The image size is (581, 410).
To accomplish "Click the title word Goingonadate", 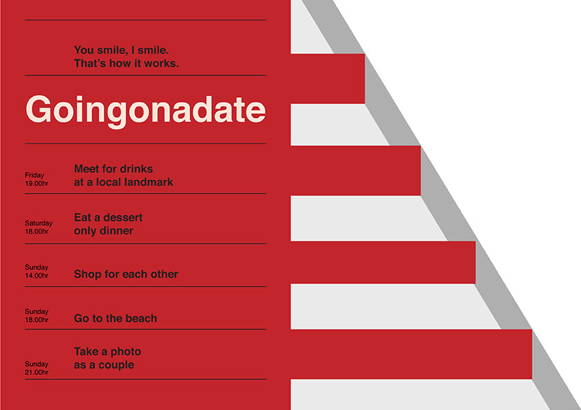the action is (146, 110).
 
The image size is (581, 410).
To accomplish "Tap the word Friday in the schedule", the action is (35, 176).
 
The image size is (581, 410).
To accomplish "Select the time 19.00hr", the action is (37, 183).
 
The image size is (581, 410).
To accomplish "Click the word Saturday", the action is (39, 223).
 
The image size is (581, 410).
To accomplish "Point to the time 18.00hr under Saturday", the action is (37, 232).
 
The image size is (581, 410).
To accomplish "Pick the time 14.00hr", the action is (37, 276).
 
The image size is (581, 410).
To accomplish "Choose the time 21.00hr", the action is (37, 373).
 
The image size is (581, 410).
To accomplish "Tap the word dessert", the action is (123, 217).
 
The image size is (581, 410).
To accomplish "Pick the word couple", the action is (117, 365).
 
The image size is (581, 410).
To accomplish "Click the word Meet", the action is (86, 169).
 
